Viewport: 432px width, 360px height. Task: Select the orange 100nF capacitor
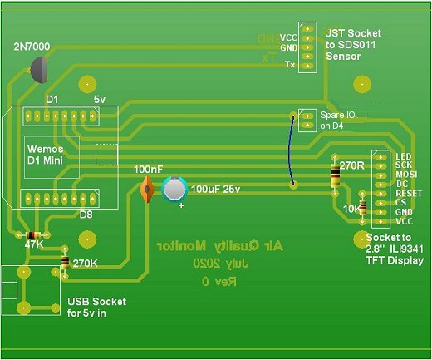pos(147,189)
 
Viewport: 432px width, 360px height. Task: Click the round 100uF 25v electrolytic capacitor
pos(175,189)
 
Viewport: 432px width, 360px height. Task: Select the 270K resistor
pos(66,264)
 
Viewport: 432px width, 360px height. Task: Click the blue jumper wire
pos(293,150)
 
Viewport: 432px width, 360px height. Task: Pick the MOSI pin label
pos(405,175)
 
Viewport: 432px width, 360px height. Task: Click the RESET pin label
pos(407,193)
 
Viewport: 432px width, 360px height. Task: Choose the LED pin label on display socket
pos(404,156)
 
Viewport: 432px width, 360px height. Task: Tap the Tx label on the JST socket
pos(289,64)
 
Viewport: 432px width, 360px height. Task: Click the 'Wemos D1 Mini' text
pos(47,154)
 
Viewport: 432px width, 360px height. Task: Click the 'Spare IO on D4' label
pos(336,120)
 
